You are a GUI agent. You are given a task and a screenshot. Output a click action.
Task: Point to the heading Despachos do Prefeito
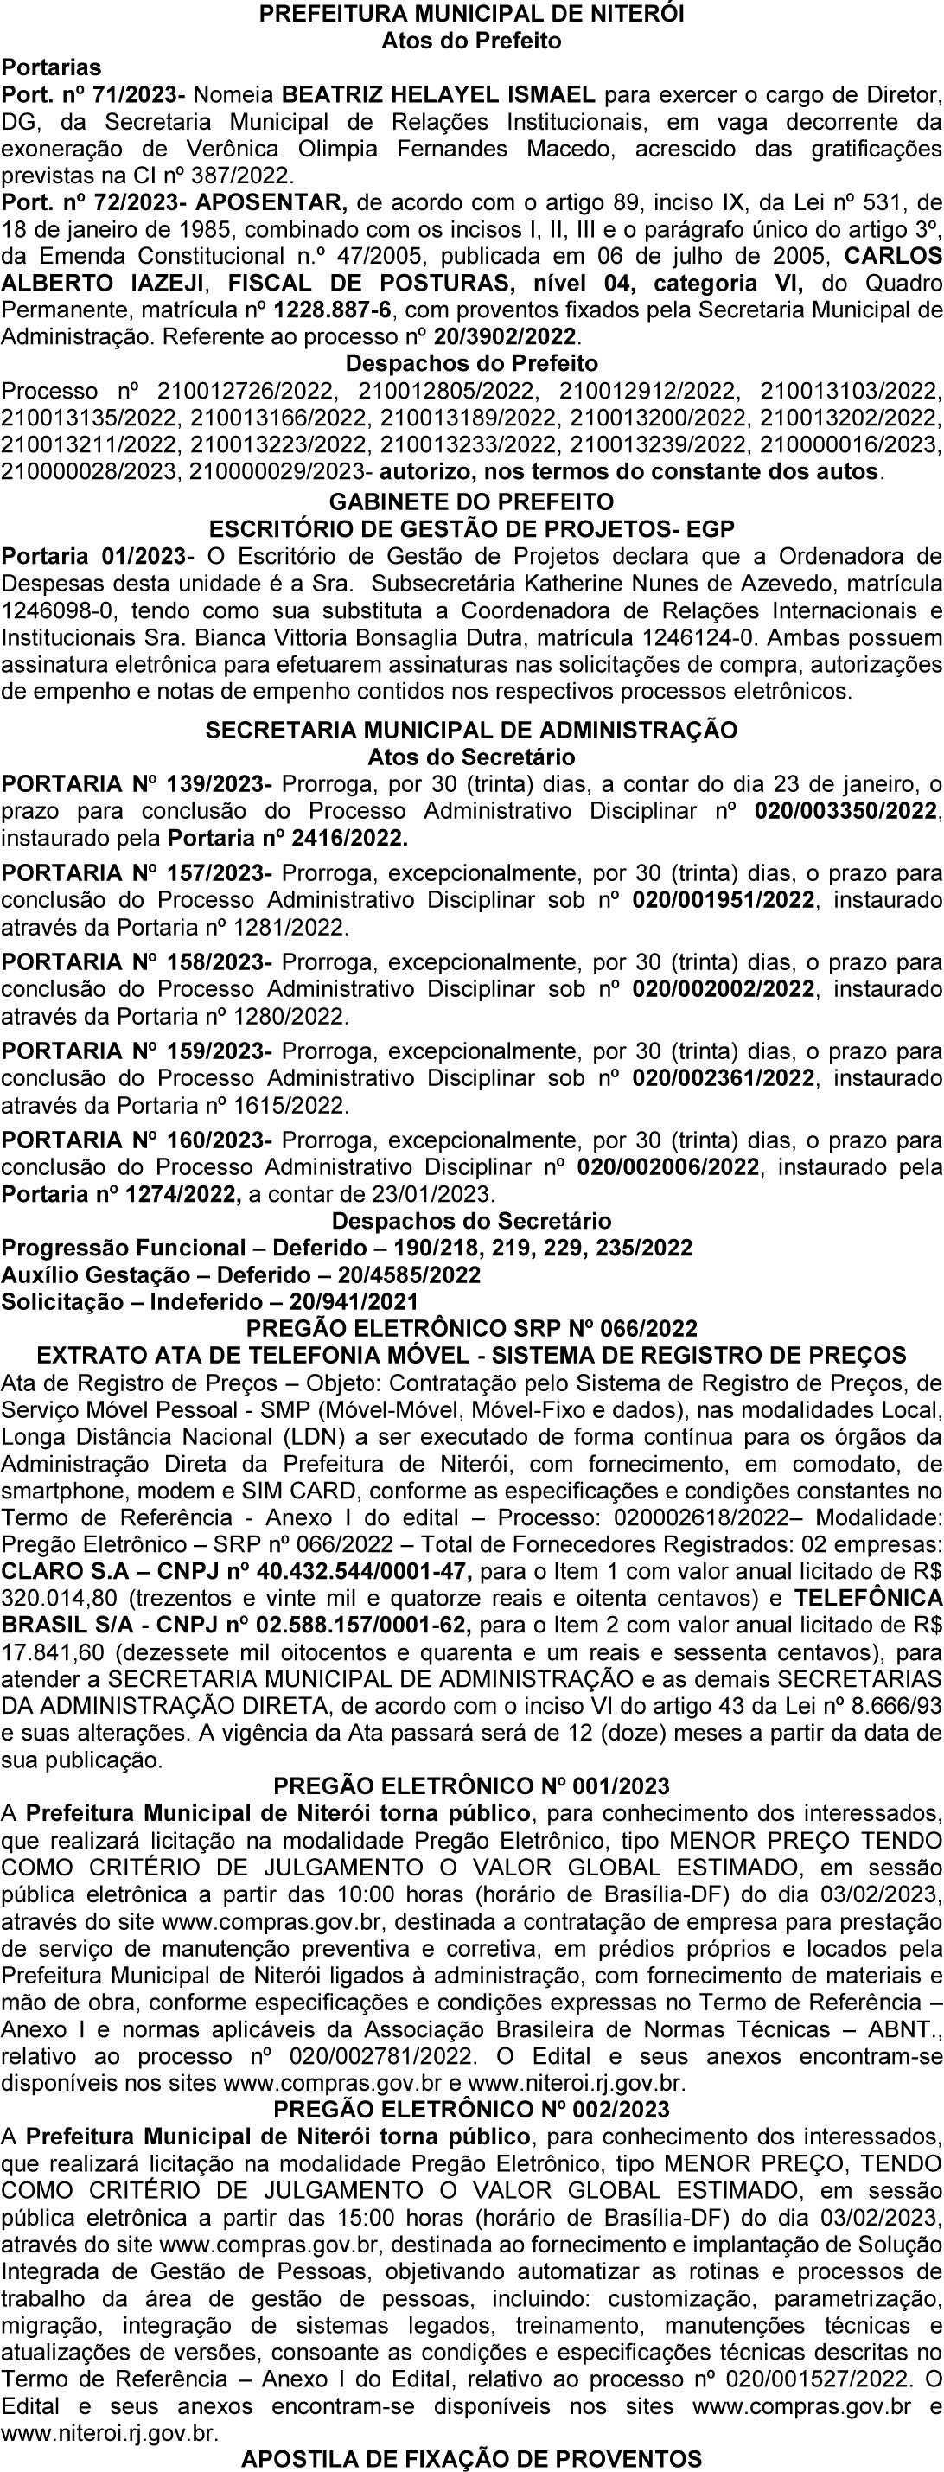(471, 364)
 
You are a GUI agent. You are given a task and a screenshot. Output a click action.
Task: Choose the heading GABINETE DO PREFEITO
(471, 501)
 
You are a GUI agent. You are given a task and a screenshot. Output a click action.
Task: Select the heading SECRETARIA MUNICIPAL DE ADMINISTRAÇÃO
(471, 729)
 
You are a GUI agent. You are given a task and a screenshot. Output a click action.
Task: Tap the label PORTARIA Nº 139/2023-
(137, 783)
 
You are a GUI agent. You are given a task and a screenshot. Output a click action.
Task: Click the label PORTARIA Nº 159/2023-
(137, 1051)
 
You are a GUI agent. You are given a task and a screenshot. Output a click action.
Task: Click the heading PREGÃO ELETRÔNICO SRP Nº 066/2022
(471, 1328)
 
